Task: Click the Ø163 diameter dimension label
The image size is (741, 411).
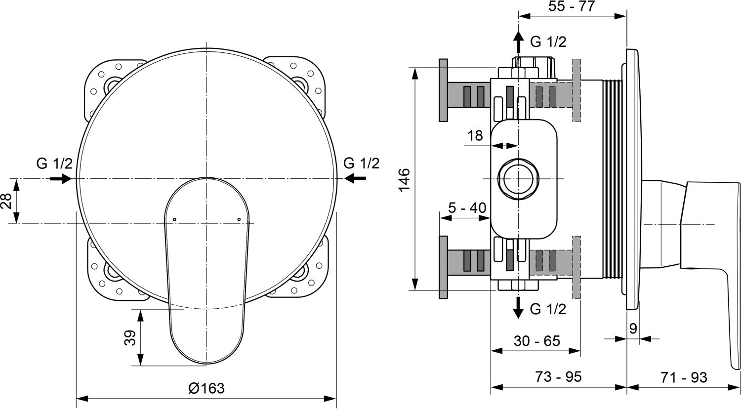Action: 206,388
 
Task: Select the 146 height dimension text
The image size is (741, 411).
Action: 404,179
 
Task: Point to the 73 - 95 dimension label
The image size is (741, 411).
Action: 558,376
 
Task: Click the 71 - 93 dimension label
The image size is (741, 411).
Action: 684,377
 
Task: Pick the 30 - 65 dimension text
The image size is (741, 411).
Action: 537,340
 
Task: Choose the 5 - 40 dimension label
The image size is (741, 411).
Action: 467,207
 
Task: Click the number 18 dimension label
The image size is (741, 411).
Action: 475,135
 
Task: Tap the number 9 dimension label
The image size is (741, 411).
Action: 633,329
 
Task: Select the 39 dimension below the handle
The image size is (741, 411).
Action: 131,337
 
